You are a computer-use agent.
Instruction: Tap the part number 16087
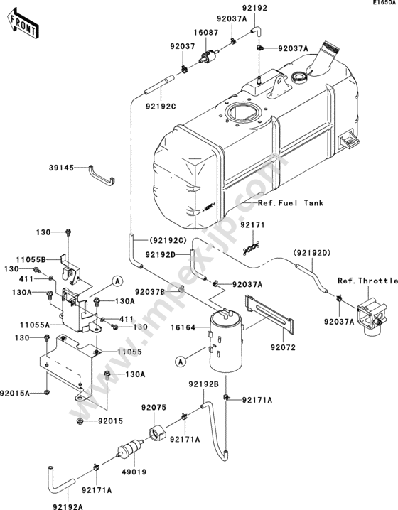(x=206, y=33)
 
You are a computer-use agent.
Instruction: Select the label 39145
(x=61, y=168)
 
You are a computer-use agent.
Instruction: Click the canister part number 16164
(x=183, y=328)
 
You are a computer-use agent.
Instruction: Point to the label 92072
(x=283, y=348)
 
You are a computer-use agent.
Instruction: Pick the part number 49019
(x=134, y=472)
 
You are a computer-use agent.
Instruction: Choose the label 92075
(x=154, y=407)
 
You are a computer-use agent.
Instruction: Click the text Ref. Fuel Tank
(x=291, y=203)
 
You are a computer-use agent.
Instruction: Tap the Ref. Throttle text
(x=367, y=281)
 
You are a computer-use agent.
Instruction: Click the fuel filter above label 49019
(x=130, y=449)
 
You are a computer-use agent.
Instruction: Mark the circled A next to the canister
(x=181, y=361)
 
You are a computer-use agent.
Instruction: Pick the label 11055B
(x=31, y=259)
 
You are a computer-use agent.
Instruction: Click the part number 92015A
(x=15, y=394)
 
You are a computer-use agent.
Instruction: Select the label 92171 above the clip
(x=252, y=225)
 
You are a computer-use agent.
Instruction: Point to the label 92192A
(x=68, y=506)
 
